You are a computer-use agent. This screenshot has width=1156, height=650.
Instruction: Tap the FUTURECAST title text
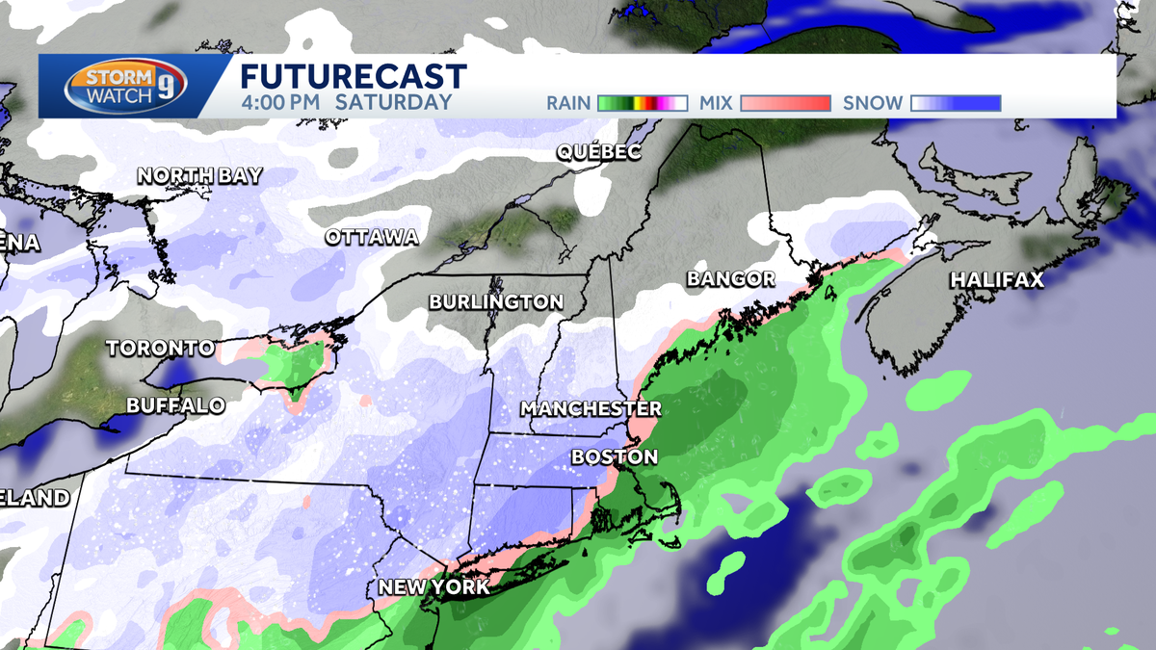click(353, 77)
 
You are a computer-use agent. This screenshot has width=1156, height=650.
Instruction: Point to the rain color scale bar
click(642, 103)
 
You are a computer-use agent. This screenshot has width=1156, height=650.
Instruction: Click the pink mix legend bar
click(785, 103)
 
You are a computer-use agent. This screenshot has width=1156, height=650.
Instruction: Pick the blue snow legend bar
click(956, 103)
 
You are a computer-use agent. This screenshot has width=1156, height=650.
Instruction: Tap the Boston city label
click(615, 456)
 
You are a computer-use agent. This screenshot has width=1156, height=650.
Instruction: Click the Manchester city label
click(591, 408)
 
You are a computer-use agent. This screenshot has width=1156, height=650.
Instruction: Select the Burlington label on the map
click(496, 302)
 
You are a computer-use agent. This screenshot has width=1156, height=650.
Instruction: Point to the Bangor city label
click(730, 279)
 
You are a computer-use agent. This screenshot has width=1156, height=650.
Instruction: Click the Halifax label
click(996, 280)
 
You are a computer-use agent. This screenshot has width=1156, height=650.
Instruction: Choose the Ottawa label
click(371, 237)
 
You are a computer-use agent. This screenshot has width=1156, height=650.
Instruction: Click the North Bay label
click(199, 175)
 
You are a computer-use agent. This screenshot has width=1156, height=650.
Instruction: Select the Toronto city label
click(160, 348)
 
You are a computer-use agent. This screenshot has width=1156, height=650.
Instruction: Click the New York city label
click(433, 587)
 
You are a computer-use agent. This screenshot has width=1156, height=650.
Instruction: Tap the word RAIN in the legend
click(567, 103)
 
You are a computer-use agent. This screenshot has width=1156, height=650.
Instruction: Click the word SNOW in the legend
click(873, 103)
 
